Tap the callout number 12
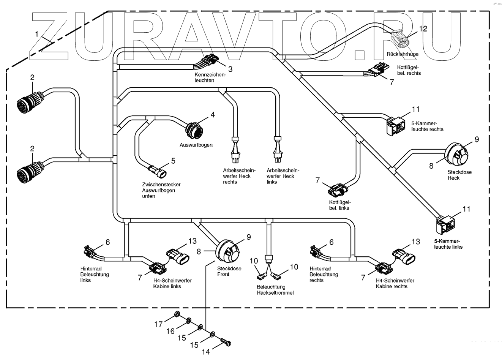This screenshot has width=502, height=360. point(423,29)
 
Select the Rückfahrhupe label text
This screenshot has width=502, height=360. point(402,54)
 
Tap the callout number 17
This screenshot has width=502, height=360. point(158,324)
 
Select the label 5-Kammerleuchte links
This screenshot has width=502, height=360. point(448,244)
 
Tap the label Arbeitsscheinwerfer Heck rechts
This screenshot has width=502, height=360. point(239,176)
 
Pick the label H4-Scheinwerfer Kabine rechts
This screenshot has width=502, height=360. point(395,283)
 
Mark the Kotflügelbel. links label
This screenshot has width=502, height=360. point(339,205)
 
